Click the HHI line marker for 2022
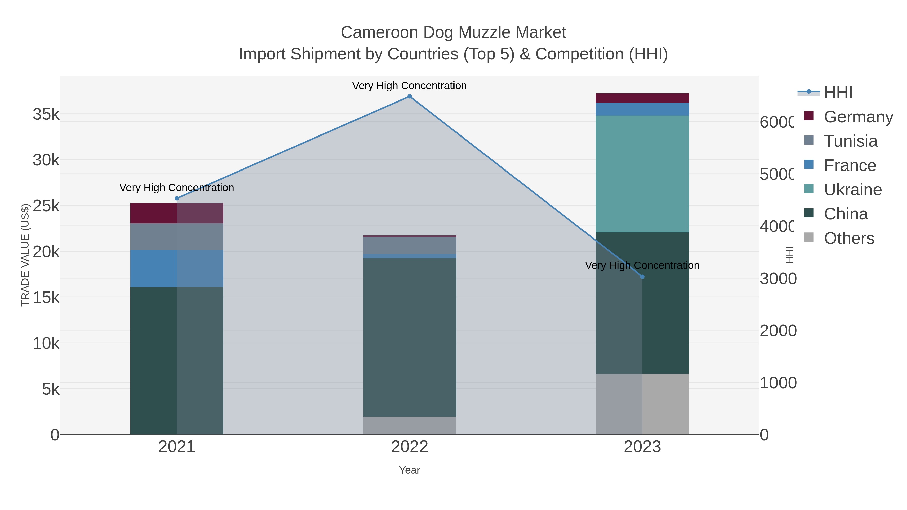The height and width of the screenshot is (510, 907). (409, 96)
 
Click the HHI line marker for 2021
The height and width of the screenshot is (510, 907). (177, 198)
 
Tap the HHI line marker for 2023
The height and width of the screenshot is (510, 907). (642, 277)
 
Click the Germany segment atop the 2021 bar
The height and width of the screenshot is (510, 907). (177, 213)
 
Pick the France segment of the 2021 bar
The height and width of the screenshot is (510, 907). (177, 268)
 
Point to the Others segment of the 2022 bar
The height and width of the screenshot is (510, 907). (409, 426)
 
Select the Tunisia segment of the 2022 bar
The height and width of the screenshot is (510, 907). (409, 246)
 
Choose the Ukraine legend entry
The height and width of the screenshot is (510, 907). (852, 190)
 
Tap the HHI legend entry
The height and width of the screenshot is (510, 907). (838, 93)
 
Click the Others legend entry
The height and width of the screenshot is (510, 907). (849, 238)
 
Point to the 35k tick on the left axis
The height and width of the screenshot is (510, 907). (46, 114)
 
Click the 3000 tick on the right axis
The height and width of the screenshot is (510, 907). (778, 279)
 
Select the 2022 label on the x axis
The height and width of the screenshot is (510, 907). (409, 447)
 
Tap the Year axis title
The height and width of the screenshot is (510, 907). (409, 470)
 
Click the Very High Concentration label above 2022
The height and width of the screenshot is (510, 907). (409, 86)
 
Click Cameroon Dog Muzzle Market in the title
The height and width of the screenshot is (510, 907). (453, 32)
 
